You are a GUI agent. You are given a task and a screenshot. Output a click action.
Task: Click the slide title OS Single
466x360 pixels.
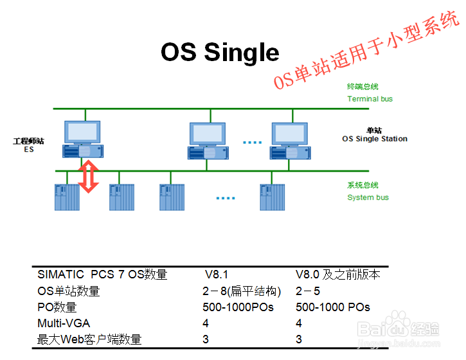click(x=220, y=52)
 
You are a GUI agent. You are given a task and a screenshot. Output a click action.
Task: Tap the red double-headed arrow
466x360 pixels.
click(x=89, y=177)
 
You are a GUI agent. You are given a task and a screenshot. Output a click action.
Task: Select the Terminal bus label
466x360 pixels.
click(x=370, y=99)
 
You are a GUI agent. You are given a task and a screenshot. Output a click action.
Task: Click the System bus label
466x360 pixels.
click(x=368, y=197)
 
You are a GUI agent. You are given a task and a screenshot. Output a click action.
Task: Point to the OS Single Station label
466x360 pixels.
click(x=374, y=139)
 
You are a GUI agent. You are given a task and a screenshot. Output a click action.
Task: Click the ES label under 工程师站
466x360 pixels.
click(x=29, y=149)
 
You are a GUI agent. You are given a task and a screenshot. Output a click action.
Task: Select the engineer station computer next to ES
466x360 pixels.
click(x=82, y=138)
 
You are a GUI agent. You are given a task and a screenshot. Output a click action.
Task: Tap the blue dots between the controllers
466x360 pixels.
click(x=225, y=199)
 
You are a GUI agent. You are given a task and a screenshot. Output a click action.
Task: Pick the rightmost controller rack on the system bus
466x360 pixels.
click(x=272, y=197)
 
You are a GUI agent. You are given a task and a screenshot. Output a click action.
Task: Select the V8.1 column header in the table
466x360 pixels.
click(x=217, y=274)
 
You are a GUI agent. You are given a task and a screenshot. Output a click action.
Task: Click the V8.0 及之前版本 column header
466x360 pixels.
click(x=338, y=274)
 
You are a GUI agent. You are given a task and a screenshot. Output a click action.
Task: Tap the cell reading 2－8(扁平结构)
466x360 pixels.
click(x=242, y=291)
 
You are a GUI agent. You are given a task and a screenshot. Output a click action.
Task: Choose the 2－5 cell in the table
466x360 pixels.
click(x=308, y=291)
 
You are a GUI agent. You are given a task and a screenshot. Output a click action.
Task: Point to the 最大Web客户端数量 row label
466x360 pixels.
click(x=89, y=339)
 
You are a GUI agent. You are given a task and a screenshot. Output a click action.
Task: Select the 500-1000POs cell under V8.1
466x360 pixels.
click(x=238, y=307)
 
